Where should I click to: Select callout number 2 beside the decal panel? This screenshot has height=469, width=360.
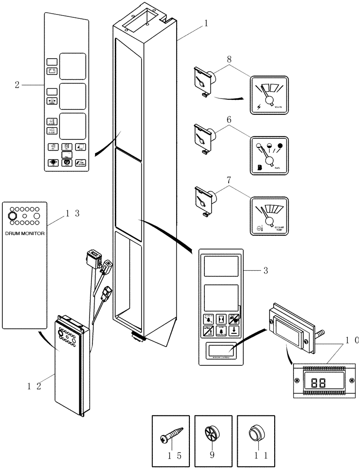coord(17,85)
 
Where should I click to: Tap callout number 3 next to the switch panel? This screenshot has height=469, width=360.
coord(265,270)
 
